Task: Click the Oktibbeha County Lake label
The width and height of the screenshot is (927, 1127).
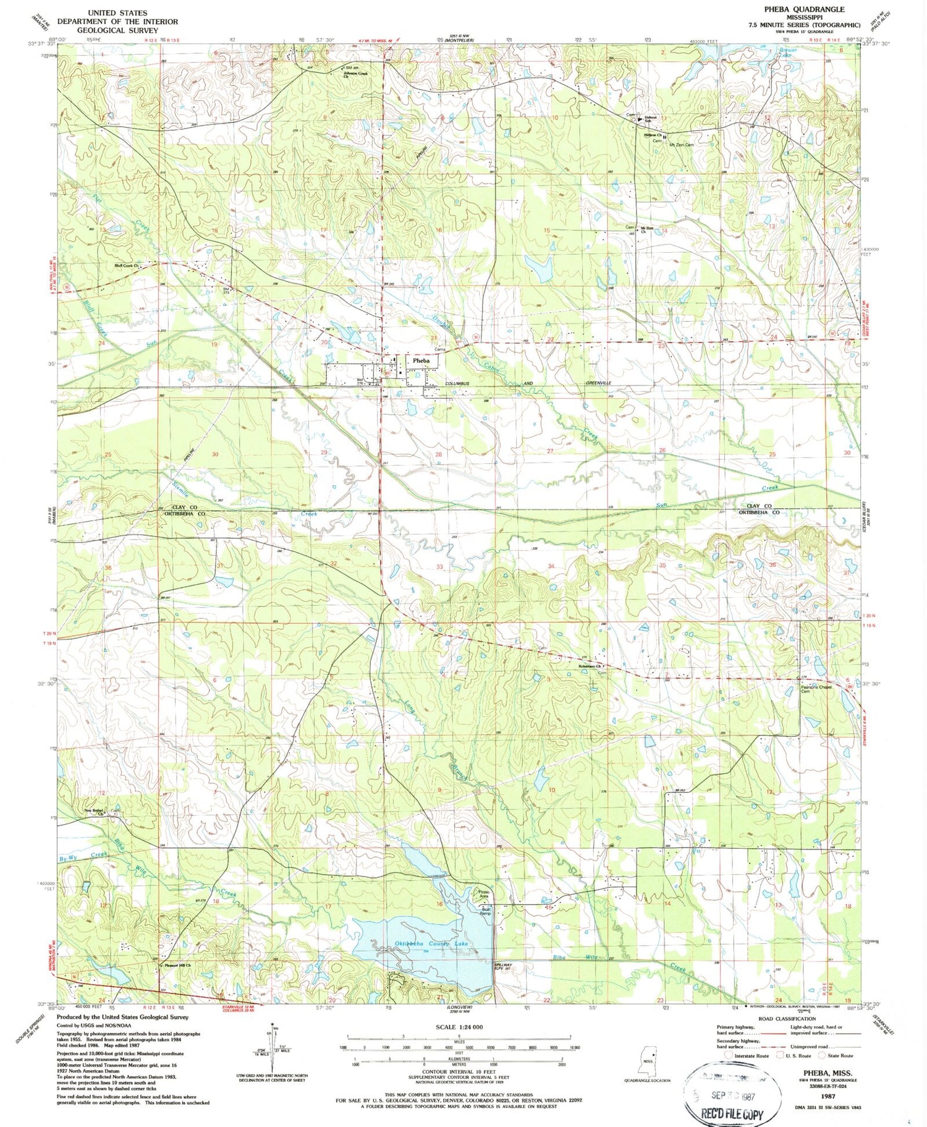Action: pyautogui.click(x=431, y=944)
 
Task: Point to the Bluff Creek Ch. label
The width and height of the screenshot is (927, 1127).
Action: pyautogui.click(x=126, y=266)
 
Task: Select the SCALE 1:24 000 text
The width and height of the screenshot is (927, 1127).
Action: pyautogui.click(x=458, y=1027)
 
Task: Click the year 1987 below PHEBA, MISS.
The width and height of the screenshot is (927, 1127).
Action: pyautogui.click(x=829, y=1095)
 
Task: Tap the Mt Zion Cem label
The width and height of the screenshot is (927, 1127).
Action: pyautogui.click(x=682, y=145)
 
